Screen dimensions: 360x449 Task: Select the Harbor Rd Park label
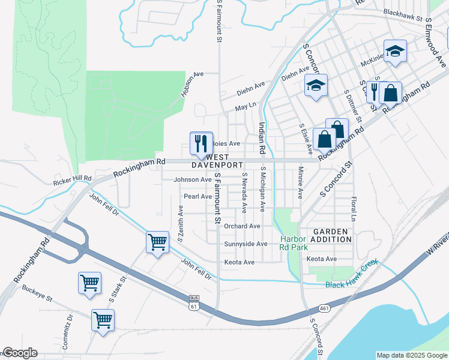(x=294, y=242)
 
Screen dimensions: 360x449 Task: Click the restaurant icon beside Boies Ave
(x=201, y=143)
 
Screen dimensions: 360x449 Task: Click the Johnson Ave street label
(x=192, y=179)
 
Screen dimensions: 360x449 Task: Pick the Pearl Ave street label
(x=197, y=196)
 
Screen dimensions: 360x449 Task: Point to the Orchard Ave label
(x=242, y=226)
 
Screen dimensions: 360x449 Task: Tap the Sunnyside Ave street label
(x=246, y=244)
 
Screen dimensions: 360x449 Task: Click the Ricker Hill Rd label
(x=72, y=179)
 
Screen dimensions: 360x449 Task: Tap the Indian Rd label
(x=262, y=137)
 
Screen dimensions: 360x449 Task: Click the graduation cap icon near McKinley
(x=396, y=52)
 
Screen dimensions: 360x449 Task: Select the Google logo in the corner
(x=19, y=353)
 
